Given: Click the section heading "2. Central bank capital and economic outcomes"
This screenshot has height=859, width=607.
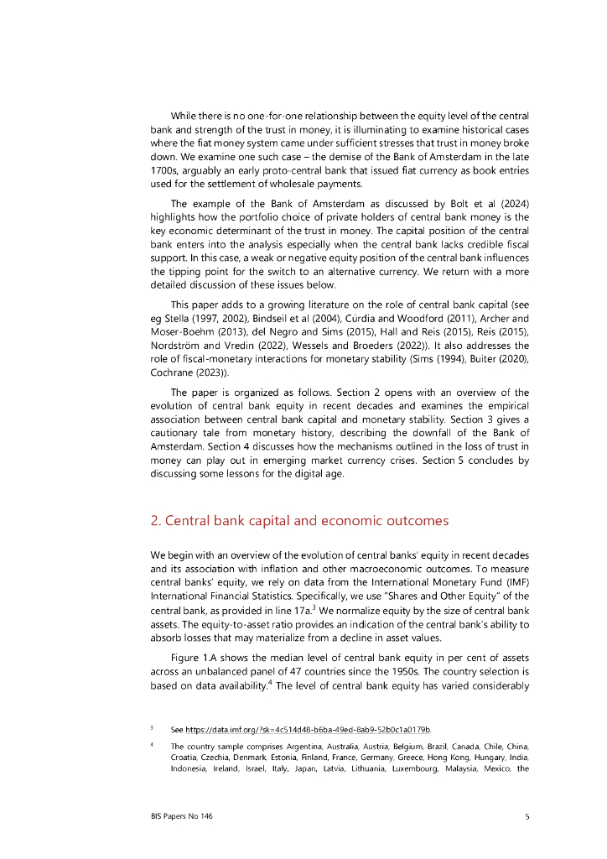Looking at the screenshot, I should tap(299, 521).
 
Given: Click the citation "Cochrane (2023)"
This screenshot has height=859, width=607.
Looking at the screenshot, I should tap(187, 372).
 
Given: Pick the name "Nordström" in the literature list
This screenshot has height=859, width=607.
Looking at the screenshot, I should tap(178, 346).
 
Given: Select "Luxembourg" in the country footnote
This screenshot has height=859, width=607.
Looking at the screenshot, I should tap(419, 768).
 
